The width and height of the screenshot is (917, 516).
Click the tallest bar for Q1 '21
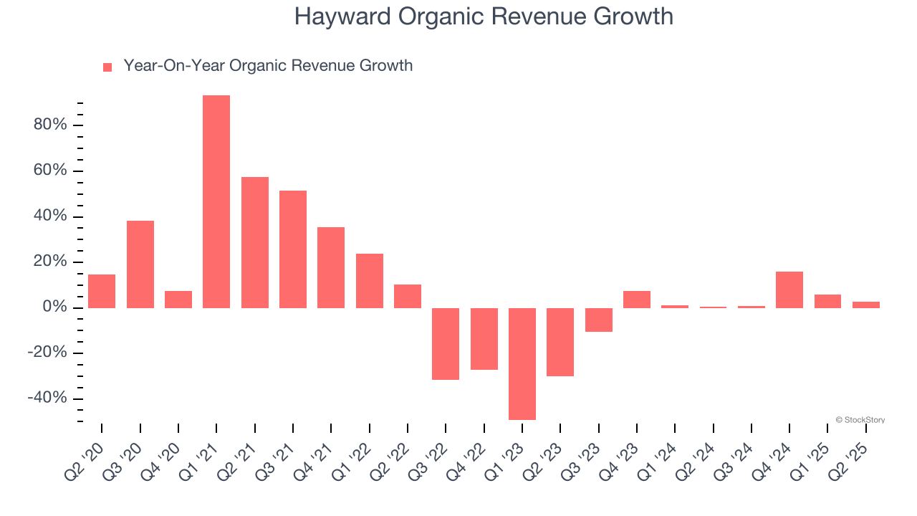(216, 201)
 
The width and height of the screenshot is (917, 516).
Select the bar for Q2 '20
(102, 291)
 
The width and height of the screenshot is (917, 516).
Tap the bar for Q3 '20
(140, 264)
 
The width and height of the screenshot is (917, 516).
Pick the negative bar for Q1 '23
(522, 363)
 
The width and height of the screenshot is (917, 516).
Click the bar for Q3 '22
(446, 343)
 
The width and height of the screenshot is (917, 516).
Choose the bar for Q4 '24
(789, 290)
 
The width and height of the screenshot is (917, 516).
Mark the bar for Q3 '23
(599, 320)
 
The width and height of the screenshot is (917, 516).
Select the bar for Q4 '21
(331, 267)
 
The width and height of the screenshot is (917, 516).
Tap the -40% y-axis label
(47, 398)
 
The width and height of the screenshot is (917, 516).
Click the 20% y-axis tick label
(50, 262)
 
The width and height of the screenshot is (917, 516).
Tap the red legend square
(107, 67)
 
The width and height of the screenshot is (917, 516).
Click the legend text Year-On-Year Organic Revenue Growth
(268, 66)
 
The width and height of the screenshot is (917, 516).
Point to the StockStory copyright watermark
(860, 420)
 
